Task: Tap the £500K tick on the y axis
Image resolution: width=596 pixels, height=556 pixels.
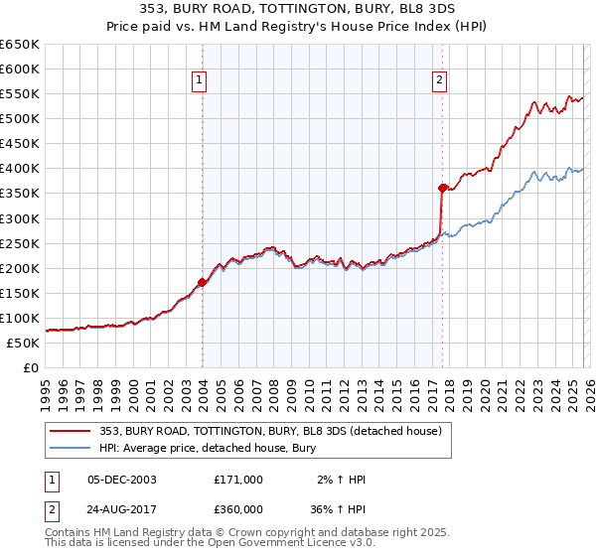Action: [21, 119]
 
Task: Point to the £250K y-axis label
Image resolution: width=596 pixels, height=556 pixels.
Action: [21, 243]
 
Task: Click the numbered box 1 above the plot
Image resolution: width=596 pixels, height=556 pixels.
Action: [200, 81]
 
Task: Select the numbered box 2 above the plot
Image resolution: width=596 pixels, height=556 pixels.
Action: [439, 81]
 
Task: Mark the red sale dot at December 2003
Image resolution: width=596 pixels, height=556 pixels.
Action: [202, 282]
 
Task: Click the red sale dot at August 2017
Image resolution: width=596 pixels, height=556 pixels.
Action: [442, 187]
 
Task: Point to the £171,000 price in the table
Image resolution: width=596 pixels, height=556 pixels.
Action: [238, 480]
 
